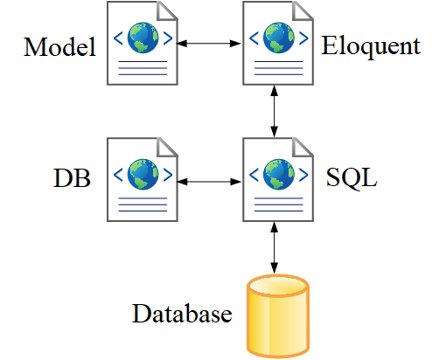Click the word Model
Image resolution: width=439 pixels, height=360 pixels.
59,46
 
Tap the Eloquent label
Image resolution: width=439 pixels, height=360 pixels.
371,46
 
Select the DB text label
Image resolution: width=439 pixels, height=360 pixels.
72,177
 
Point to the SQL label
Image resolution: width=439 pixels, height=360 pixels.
352,177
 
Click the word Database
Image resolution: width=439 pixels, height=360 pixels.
182,314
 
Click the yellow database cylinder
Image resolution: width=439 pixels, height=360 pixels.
278,316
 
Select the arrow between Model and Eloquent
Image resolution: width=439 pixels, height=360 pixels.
209,44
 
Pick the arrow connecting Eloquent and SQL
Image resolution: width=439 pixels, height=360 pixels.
274,111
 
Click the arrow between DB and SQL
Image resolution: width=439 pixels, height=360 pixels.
209,182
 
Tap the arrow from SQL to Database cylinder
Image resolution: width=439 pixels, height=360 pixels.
274,248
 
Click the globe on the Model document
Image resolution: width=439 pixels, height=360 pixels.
143,38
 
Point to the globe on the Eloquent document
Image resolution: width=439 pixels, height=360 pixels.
279,38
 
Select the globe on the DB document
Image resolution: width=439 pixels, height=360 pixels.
143,175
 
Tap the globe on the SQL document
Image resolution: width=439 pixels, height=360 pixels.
279,175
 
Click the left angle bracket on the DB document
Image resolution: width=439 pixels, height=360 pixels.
118,175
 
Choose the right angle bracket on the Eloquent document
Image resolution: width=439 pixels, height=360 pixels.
303,38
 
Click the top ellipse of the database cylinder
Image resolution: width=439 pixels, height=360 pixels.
278,286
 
